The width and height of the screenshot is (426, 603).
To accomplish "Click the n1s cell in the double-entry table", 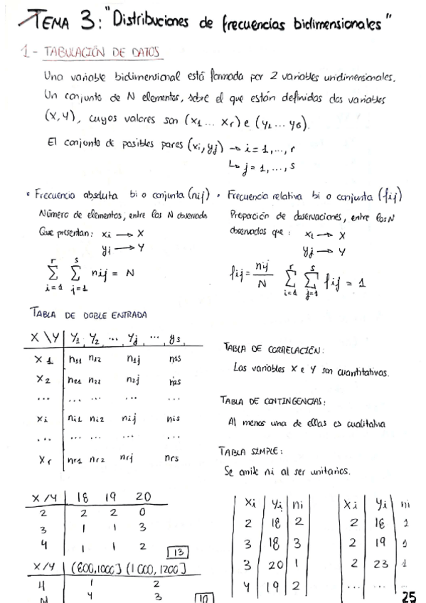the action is [175, 360].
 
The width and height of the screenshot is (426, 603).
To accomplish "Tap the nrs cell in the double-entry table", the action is [173, 458].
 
